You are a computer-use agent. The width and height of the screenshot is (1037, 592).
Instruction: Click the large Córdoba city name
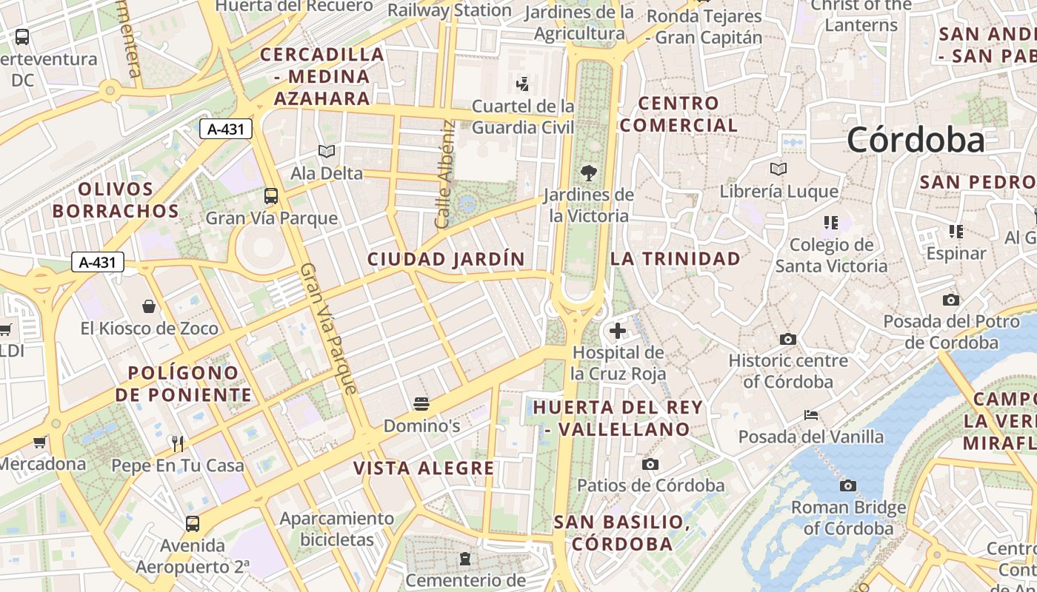pos(916,140)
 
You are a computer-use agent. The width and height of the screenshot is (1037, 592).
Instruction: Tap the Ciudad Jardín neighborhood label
pos(446,259)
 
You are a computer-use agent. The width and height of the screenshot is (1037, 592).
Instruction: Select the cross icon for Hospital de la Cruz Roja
pos(618,331)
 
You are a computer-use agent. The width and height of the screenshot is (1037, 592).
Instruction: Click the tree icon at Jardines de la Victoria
pos(589,173)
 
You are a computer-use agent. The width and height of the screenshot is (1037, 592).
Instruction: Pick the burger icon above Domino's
pos(421,404)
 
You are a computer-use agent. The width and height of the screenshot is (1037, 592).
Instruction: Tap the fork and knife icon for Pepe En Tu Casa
pos(178,443)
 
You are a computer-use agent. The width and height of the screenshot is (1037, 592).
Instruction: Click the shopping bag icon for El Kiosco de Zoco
pos(149,306)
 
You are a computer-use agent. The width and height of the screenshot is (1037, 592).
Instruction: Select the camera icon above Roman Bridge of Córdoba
pos(848,486)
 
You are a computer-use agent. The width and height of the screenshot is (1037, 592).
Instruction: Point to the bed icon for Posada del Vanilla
pos(811,415)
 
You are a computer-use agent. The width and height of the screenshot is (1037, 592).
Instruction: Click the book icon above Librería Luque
pos(778,169)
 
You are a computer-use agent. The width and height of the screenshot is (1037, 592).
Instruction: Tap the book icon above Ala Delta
pos(326,151)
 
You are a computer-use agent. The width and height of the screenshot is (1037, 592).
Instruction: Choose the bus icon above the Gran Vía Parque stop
pos(271,196)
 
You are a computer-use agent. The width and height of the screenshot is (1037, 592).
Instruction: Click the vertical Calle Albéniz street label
pos(444,175)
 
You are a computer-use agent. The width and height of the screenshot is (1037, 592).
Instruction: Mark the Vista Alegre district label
pos(424,468)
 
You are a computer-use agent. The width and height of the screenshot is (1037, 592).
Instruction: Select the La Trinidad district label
pos(675,258)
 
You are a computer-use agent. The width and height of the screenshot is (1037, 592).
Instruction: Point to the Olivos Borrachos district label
pos(116,200)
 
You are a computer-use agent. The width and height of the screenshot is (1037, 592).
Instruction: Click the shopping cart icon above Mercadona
pos(40,443)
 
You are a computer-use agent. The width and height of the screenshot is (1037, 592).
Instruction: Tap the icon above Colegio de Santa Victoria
pos(830,222)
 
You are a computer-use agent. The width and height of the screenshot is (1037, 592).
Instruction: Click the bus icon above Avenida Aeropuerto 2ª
pos(193,524)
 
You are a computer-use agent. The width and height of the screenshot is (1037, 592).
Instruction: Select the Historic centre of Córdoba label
pos(788,371)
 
